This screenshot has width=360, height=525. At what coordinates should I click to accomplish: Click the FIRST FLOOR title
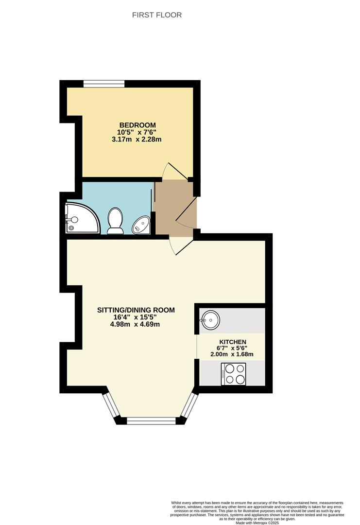click(157, 15)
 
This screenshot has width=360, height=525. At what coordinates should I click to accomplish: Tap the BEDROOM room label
click(137, 125)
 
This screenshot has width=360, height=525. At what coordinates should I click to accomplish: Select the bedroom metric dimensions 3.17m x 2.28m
click(137, 140)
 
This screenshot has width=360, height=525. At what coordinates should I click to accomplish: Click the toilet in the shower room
click(115, 221)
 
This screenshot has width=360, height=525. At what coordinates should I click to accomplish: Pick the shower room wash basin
click(141, 225)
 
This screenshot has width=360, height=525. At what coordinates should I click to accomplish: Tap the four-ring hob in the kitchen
click(233, 374)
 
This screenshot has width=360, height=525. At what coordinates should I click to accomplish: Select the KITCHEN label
click(233, 342)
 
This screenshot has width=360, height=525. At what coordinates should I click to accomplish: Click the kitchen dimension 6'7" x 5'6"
click(233, 348)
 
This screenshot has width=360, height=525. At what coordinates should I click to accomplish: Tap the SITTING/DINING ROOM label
click(136, 310)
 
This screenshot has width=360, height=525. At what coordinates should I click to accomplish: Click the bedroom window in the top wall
click(104, 84)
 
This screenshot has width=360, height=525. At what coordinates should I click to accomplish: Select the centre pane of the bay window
click(151, 421)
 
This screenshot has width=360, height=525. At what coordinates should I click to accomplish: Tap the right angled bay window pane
click(190, 406)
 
